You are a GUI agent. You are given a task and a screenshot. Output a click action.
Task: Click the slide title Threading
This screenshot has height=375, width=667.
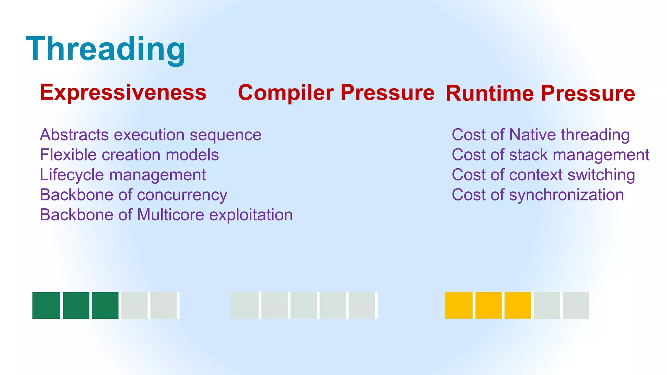106,49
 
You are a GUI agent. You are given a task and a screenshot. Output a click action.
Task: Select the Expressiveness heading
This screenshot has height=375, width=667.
123,92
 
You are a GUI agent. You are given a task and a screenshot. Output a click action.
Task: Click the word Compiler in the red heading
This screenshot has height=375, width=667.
286,93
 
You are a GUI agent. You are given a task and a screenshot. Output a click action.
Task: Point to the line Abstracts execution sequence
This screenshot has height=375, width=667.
150,135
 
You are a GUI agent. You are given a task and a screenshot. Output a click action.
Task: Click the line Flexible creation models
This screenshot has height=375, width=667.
129,155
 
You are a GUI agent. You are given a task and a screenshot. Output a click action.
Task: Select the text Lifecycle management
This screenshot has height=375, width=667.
123,175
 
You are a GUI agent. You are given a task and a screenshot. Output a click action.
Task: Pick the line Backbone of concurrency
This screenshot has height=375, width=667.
134,195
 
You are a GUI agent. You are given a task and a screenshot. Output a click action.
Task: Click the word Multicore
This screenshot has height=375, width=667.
171,215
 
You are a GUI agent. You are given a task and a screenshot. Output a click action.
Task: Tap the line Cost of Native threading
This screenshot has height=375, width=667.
541,135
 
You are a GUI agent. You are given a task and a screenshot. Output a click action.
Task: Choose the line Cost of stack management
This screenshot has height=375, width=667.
550,155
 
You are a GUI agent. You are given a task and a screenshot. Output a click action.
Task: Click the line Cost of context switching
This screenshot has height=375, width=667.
543,175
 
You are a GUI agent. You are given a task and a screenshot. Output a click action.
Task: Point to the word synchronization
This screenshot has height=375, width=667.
566,195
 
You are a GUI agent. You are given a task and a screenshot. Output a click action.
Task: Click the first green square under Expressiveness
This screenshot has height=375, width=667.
46,305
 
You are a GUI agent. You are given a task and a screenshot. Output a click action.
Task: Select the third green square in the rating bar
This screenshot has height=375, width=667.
105,305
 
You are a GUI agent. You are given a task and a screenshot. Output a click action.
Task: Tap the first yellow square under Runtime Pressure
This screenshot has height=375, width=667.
459,305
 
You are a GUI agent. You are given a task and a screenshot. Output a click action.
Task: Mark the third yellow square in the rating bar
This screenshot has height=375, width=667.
518,305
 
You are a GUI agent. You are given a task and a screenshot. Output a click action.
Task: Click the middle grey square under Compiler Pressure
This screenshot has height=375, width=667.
303,305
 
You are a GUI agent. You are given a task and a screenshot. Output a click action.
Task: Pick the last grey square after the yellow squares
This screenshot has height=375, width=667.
576,305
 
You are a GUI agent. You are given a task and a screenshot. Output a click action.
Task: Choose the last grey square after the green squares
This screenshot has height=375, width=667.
164,305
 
